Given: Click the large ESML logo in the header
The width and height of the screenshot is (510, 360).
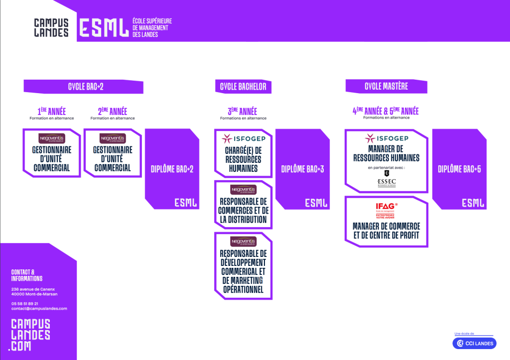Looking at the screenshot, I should pyautogui.click(x=103, y=27).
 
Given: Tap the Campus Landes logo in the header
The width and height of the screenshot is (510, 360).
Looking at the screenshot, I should pyautogui.click(x=51, y=27).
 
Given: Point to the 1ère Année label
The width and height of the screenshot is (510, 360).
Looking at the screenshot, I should pyautogui.click(x=51, y=111).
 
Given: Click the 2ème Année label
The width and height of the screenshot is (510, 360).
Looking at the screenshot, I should pyautogui.click(x=112, y=111).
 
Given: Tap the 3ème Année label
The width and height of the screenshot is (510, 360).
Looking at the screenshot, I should pyautogui.click(x=242, y=111).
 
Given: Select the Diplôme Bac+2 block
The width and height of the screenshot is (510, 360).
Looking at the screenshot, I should pyautogui.click(x=172, y=169).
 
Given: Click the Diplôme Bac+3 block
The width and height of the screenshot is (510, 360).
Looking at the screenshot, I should pyautogui.click(x=302, y=169).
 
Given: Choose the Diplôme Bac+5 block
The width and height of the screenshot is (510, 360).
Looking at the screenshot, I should pyautogui.click(x=459, y=169).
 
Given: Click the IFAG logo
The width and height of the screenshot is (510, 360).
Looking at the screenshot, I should pyautogui.click(x=386, y=207).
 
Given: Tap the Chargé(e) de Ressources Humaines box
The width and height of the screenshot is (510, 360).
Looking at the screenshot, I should pyautogui.click(x=244, y=153).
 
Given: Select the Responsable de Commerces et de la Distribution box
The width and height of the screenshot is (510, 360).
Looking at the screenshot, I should pyautogui.click(x=244, y=205).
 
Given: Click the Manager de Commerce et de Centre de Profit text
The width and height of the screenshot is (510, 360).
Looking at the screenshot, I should pyautogui.click(x=386, y=231).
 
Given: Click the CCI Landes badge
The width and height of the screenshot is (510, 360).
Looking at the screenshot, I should pyautogui.click(x=473, y=343).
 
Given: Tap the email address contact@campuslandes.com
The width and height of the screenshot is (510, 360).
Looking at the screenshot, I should pyautogui.click(x=39, y=309).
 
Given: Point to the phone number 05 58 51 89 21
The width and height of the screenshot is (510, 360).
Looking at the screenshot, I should pyautogui.click(x=25, y=303).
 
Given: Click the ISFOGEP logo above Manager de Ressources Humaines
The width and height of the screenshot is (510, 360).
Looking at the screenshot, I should pyautogui.click(x=386, y=138).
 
